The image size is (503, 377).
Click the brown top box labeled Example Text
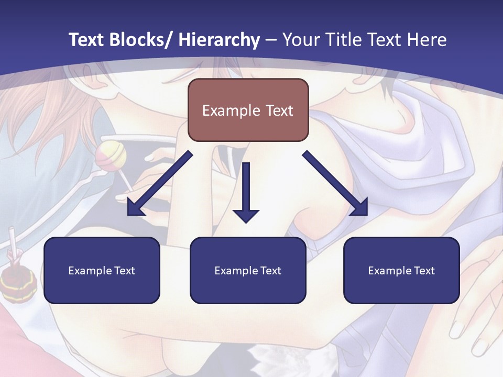coord(248,110)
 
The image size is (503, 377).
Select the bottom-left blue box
coord(102,270)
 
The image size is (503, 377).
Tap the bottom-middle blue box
coord(248,270)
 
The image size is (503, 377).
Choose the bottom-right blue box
coord(401,270)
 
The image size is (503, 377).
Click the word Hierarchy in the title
coord(219,40)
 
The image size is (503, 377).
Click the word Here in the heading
coord(428,40)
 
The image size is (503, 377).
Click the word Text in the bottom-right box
coord(423,271)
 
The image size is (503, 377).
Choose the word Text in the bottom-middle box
coord(270,271)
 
